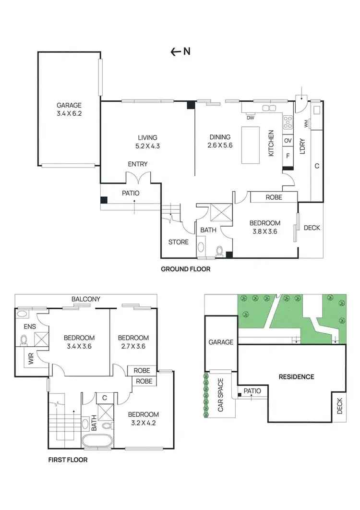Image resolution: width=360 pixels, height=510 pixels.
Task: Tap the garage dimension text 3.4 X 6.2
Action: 69,114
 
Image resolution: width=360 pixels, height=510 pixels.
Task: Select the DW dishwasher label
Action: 250,118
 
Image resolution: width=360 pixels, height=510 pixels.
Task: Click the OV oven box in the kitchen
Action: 288,140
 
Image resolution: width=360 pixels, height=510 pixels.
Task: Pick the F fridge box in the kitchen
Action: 288,156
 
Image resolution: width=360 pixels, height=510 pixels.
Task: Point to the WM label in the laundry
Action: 306,124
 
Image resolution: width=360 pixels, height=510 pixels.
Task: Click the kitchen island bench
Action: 251,145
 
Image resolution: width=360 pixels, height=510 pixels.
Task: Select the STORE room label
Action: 178,242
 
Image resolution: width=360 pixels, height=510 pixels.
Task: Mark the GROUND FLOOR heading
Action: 185,269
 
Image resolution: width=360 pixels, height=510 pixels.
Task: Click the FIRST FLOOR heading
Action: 68,460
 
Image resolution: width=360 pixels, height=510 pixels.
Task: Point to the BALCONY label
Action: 86,299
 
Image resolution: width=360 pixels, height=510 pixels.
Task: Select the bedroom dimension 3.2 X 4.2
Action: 144,424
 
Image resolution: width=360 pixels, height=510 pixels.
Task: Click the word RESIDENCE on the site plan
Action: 296,376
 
